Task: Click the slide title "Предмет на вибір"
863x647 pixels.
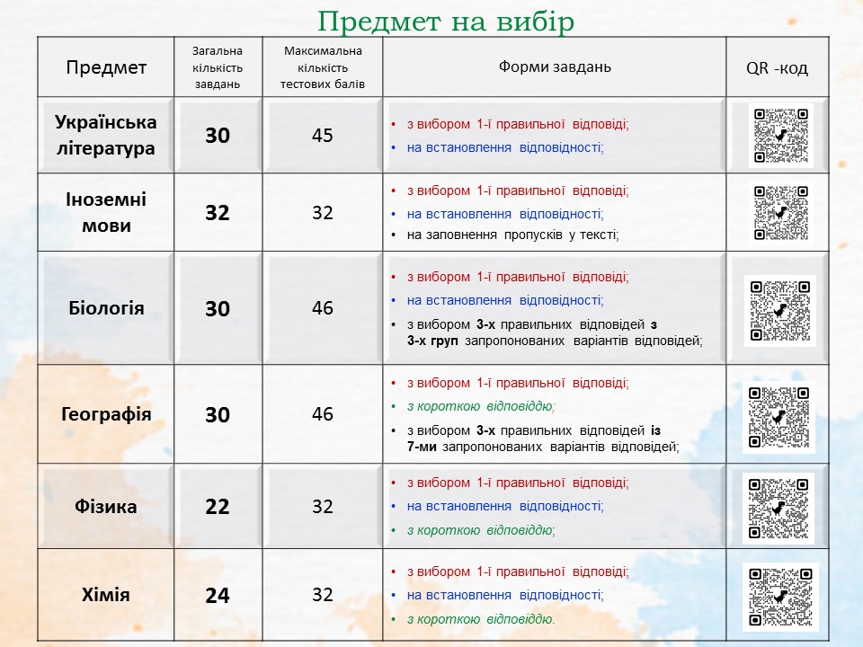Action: [446, 21]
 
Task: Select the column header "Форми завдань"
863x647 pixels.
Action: [555, 67]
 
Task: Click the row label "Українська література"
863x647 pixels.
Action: [106, 135]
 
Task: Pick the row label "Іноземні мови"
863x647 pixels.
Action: [106, 213]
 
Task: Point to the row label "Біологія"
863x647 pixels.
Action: [106, 308]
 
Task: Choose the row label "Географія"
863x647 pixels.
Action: [106, 414]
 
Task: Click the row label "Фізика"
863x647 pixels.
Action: [106, 507]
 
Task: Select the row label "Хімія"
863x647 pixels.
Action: [106, 595]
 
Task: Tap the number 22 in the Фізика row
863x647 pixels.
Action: [218, 507]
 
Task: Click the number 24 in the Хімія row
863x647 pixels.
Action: [218, 595]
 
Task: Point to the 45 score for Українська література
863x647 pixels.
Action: [323, 136]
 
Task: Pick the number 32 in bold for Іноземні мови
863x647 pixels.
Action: [218, 213]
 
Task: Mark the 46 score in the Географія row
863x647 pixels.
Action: [323, 414]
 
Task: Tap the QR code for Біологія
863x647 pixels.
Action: [779, 310]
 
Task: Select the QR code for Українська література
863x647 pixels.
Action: [780, 135]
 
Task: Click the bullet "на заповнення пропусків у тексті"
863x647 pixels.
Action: [513, 235]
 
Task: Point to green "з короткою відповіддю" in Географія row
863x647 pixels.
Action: [481, 406]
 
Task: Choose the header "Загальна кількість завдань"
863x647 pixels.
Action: [218, 67]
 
